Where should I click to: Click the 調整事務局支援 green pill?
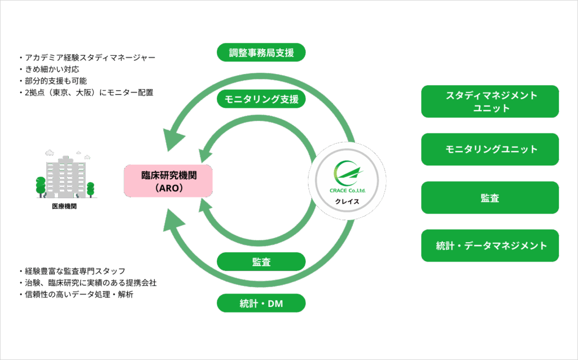pyautogui.click(x=261, y=52)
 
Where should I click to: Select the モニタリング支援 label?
pyautogui.click(x=261, y=99)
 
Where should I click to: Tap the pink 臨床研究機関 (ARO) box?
pyautogui.click(x=168, y=181)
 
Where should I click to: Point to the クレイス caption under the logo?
pyautogui.click(x=347, y=201)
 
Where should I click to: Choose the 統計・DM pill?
pyautogui.click(x=261, y=303)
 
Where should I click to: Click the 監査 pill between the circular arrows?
pyautogui.click(x=261, y=262)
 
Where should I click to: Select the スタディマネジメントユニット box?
pyautogui.click(x=490, y=102)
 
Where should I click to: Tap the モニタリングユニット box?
pyautogui.click(x=490, y=149)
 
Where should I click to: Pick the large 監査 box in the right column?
pyautogui.click(x=490, y=197)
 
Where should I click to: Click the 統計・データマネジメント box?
pyautogui.click(x=490, y=246)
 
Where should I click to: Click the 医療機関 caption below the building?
pyautogui.click(x=64, y=207)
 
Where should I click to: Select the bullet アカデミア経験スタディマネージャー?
pyautogui.click(x=87, y=58)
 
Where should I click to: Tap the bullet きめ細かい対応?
pyautogui.click(x=49, y=69)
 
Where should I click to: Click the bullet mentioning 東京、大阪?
pyautogui.click(x=86, y=93)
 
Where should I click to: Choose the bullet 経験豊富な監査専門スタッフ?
pyautogui.click(x=72, y=271)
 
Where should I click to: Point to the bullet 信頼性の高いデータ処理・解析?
pyautogui.click(x=76, y=295)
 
